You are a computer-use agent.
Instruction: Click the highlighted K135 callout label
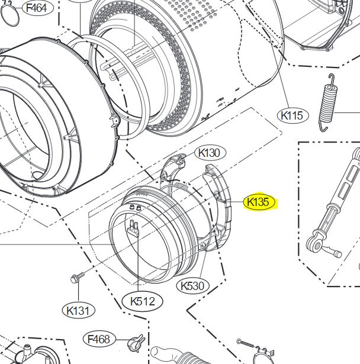pos(259,202)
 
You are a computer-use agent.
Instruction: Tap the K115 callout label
pos(293,115)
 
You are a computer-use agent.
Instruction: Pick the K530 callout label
pos(192,285)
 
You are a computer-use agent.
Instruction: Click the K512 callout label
pos(142,301)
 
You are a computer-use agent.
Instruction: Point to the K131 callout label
pos(79,311)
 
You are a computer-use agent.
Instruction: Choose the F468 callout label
pos(99,339)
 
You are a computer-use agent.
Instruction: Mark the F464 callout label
pos(38,8)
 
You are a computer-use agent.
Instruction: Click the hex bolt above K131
pos(77,277)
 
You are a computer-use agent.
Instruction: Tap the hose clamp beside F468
pos(136,342)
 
